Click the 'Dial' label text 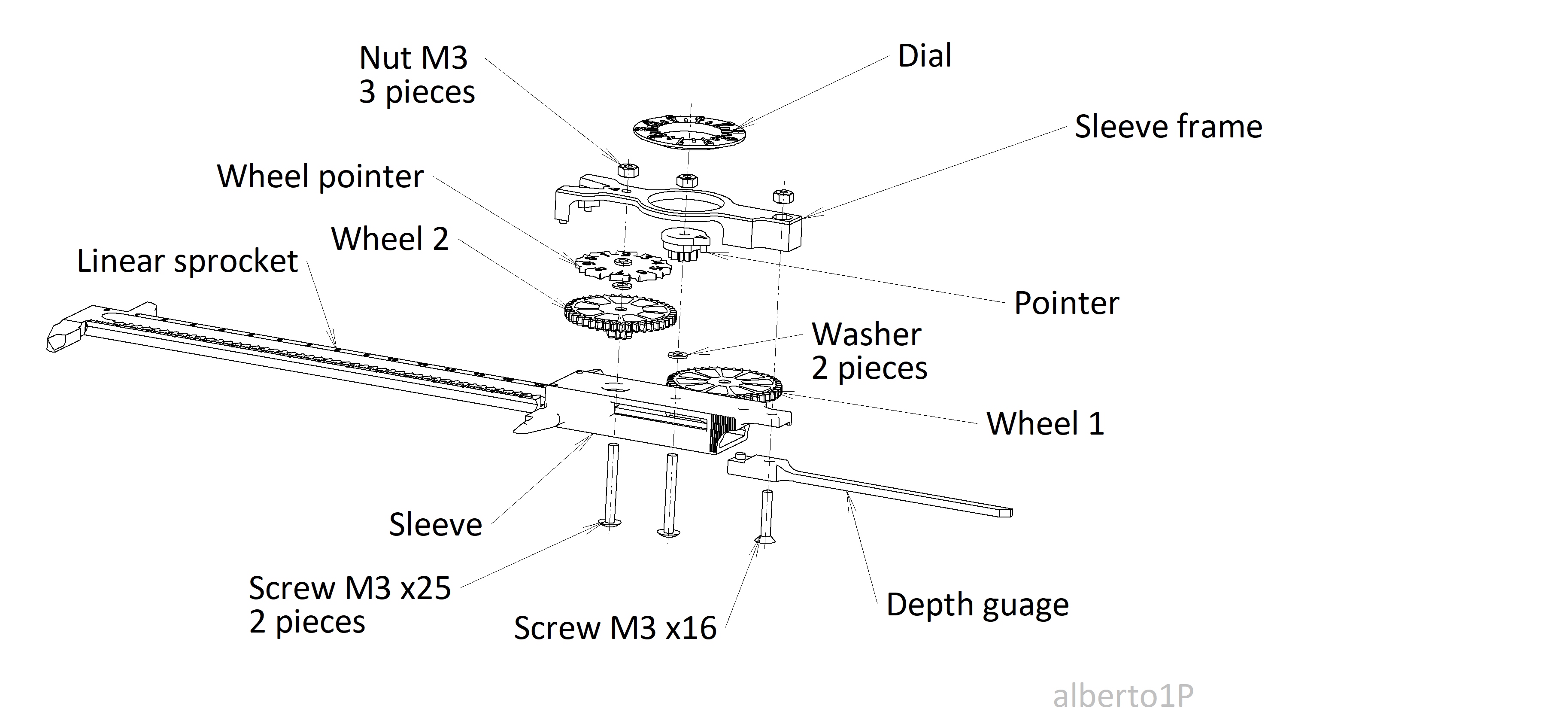(924, 56)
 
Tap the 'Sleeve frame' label (1168, 127)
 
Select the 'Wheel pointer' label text (320, 176)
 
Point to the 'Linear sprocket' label (187, 262)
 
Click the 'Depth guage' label (977, 605)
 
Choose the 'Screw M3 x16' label (615, 628)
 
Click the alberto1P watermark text (1122, 696)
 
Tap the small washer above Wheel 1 (677, 355)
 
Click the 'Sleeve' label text (435, 525)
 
